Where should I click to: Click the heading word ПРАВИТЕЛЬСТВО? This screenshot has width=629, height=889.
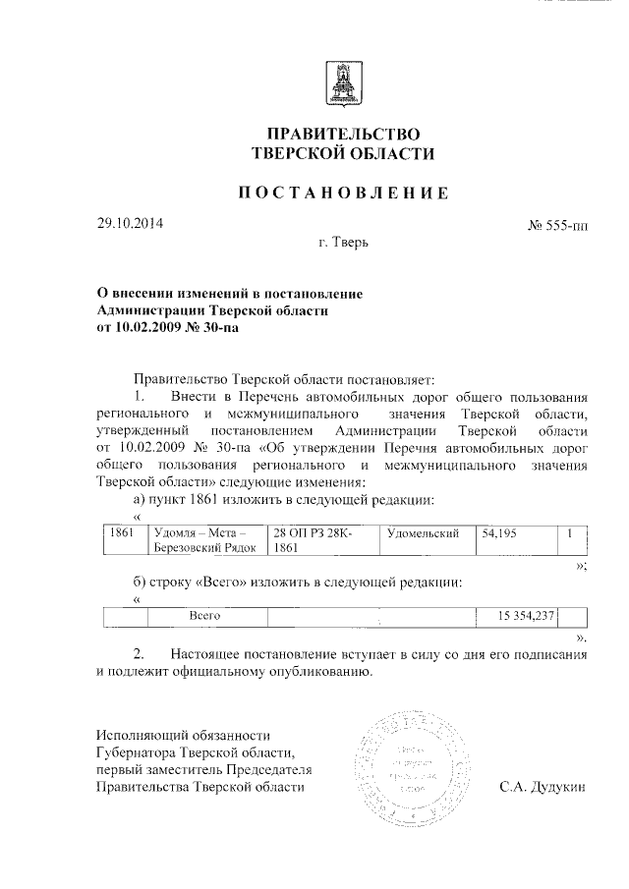342,134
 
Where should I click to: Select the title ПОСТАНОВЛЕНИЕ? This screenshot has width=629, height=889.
342,194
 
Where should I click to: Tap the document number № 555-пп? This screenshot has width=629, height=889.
558,227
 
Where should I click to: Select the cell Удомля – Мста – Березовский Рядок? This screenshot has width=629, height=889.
204,539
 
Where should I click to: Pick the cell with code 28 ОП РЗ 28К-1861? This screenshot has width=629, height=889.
319,539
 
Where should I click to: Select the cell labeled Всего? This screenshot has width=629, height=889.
202,616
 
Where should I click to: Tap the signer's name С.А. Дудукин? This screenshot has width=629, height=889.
543,787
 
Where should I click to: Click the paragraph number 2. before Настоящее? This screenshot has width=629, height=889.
140,654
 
